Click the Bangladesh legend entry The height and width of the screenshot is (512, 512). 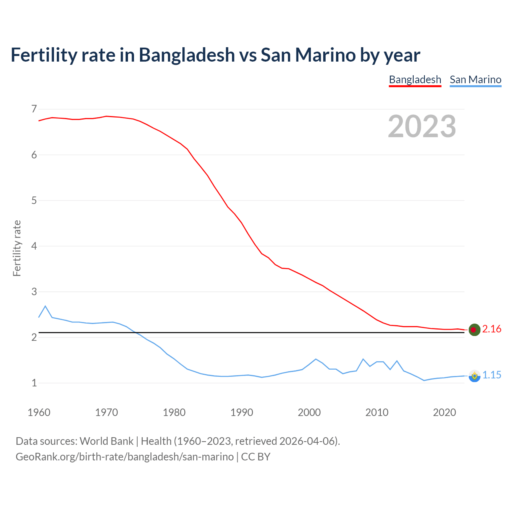click(415, 80)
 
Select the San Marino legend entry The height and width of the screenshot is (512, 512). click(475, 80)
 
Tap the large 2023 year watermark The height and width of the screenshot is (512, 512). click(422, 126)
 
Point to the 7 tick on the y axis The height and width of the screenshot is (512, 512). click(34, 109)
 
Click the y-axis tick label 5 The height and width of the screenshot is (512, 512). click(34, 200)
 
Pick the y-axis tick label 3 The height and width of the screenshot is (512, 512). click(34, 292)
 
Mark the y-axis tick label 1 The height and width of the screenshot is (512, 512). click(34, 383)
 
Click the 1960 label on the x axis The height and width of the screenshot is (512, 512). click(39, 412)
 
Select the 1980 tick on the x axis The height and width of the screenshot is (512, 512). click(174, 412)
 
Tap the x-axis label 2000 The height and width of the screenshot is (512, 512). click(309, 412)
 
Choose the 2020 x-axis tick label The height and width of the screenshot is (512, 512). click(444, 412)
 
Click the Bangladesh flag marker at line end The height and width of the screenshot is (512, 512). click(474, 330)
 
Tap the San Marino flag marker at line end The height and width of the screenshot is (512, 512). click(474, 376)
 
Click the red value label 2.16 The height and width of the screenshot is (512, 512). click(492, 329)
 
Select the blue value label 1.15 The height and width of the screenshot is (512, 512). click(492, 375)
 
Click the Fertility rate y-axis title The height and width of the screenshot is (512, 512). click(17, 248)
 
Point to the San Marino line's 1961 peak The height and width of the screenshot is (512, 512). click(45, 306)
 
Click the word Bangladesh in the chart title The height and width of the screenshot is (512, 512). click(187, 55)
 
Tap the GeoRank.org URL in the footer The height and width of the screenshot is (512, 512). click(124, 457)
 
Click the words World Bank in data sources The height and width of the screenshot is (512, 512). click(106, 441)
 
